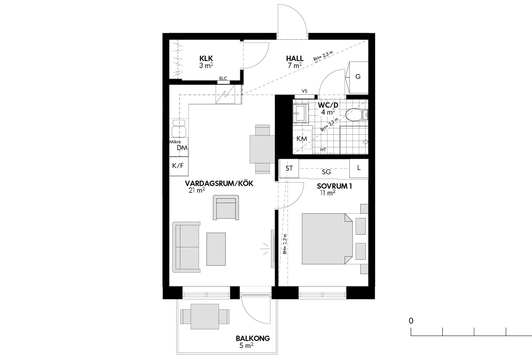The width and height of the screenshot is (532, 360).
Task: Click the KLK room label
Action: pos(206,59)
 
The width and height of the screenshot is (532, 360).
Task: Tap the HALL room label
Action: pos(295,59)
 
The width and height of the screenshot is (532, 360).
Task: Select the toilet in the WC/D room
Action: pos(356,115)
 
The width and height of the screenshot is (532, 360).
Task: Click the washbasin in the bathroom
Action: pos(301,113)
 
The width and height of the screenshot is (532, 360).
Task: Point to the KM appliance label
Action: pos(301,139)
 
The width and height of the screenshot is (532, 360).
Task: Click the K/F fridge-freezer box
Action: pos(179,166)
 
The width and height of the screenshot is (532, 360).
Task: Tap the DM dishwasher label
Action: pos(182,148)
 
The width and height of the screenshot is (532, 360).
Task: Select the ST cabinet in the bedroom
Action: pos(289,168)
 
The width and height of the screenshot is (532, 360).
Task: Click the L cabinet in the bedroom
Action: pos(359,168)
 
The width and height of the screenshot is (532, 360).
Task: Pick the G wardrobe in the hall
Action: pos(357,78)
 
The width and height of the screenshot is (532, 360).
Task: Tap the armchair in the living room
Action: pos(226,207)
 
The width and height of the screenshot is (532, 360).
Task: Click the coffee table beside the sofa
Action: pos(216,249)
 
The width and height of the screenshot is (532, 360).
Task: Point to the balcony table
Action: pos(205,317)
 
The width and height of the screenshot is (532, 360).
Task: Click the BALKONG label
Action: pos(253,338)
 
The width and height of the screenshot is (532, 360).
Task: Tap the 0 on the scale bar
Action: pos(411,321)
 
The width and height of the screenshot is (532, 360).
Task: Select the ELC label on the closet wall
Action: pos(223,78)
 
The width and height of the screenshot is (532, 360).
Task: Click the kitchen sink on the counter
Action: pos(179,129)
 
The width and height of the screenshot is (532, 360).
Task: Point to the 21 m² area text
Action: pos(197,190)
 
